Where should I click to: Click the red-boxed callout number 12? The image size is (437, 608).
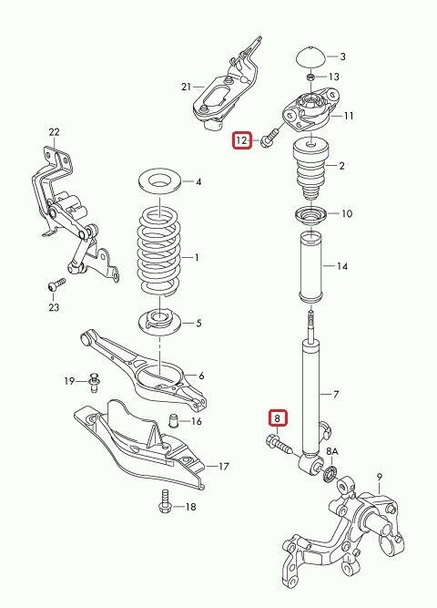(241, 140)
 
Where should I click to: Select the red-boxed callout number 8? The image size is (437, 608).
(277, 418)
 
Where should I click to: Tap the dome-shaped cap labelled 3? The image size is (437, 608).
(311, 57)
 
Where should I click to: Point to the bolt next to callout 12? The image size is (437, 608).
(269, 139)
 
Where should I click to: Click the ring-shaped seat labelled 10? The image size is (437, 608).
(310, 215)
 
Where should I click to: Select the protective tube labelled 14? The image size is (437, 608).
(310, 267)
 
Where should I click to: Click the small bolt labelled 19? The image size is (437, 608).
(94, 383)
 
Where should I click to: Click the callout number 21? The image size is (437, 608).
(186, 87)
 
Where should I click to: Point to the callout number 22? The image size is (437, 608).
(55, 132)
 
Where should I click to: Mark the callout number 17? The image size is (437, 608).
(224, 466)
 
